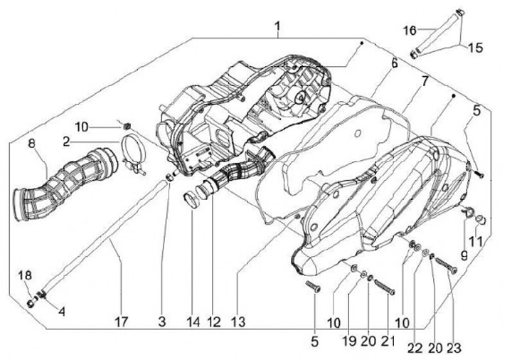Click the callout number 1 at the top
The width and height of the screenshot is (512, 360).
tap(278, 28)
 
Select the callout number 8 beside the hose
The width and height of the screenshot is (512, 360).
tap(31, 144)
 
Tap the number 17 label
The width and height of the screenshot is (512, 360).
tap(121, 322)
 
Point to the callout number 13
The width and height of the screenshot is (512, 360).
tap(238, 322)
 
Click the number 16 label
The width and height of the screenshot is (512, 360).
tap(410, 30)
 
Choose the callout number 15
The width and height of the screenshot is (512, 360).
tap(474, 48)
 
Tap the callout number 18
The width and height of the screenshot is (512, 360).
tap(25, 275)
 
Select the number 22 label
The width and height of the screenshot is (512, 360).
tap(414, 348)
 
